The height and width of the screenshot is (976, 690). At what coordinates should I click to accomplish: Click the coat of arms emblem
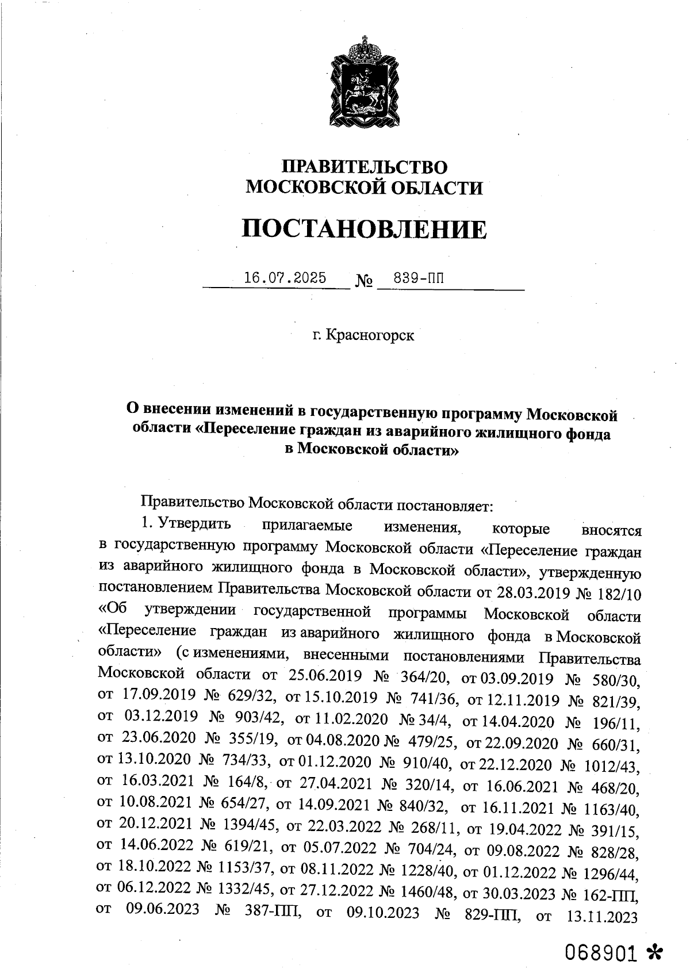[364, 81]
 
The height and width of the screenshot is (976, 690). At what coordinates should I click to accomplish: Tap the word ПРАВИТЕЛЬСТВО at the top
[364, 167]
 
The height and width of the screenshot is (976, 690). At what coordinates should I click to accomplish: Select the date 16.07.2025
[285, 278]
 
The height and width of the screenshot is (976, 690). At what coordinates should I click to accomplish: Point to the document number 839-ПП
[419, 278]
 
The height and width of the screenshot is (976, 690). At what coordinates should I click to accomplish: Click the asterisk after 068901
[654, 952]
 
